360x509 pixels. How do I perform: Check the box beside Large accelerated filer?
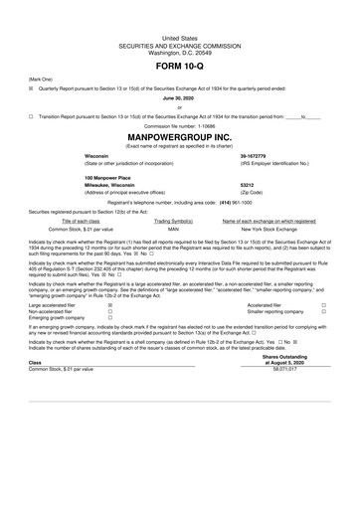coord(109,305)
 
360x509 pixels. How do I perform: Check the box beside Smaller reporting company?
coord(324,311)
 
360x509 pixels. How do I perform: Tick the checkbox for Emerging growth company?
coord(109,318)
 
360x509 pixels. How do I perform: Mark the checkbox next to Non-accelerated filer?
coord(109,311)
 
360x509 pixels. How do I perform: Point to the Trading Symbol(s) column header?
coord(173,220)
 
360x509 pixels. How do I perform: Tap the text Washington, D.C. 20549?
coord(180,22)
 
